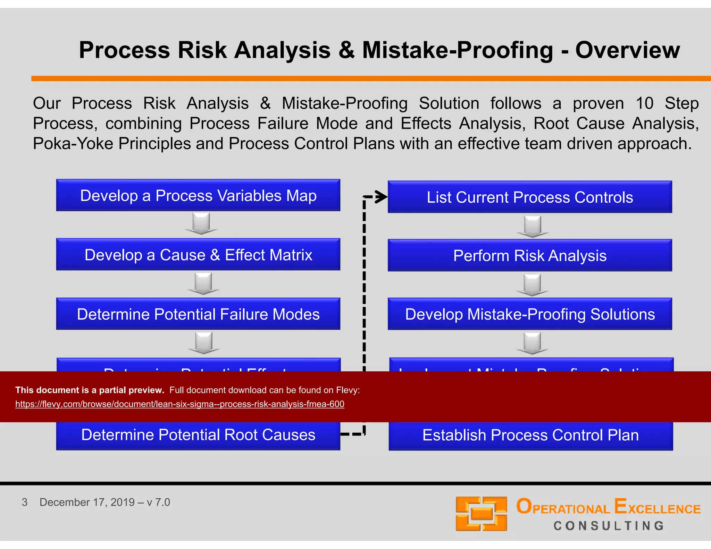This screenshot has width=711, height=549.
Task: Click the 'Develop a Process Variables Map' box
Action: (198, 195)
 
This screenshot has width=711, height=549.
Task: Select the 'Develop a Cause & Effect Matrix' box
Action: (198, 255)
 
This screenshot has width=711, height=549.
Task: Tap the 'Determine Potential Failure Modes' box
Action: (198, 314)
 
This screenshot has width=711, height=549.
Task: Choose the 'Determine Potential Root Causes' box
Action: (198, 435)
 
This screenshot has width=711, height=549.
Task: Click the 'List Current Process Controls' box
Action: (530, 197)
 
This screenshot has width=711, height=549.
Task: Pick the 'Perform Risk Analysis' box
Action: (530, 256)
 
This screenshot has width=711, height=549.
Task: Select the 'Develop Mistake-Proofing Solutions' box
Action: (530, 314)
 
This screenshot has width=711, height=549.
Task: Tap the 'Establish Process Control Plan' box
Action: (530, 435)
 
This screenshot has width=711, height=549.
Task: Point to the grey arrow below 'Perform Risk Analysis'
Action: (532, 285)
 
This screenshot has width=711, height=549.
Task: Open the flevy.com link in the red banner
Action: (179, 404)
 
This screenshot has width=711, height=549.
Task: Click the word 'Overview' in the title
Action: (627, 50)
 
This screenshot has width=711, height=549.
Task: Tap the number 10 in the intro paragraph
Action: (644, 103)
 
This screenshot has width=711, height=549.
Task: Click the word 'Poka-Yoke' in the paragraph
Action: (73, 144)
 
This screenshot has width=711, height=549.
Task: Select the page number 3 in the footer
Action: (24, 502)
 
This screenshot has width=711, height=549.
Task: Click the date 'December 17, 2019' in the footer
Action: (87, 502)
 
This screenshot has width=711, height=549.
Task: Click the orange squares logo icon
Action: (481, 514)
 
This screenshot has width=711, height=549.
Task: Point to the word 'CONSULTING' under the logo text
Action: (609, 526)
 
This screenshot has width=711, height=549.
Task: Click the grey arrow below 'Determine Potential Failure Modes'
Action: (204, 343)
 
